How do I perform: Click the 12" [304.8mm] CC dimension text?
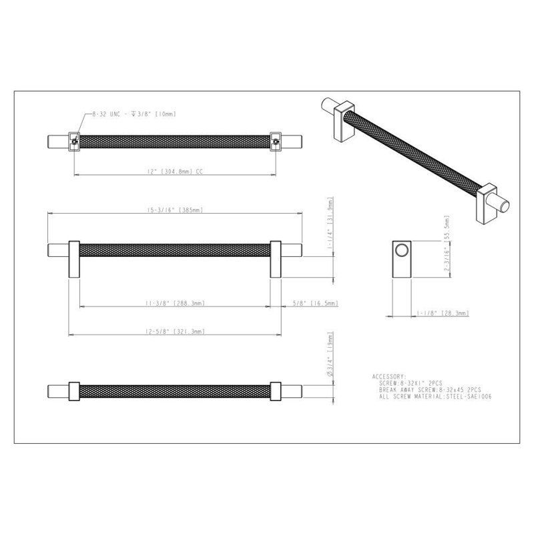(172, 172)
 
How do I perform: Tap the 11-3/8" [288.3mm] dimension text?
(176, 302)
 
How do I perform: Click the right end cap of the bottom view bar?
(292, 390)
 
